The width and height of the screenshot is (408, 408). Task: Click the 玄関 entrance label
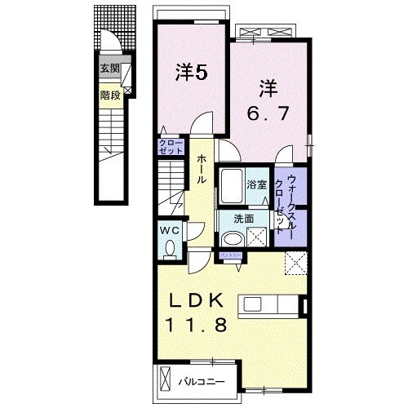[x=109, y=69]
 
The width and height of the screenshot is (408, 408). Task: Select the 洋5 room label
[x=191, y=73]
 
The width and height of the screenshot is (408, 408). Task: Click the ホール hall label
[x=200, y=169]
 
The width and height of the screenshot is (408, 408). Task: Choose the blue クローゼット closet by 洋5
[x=172, y=148]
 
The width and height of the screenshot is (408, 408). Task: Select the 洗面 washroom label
[x=245, y=219]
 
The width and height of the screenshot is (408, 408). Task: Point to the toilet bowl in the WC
[x=171, y=248]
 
